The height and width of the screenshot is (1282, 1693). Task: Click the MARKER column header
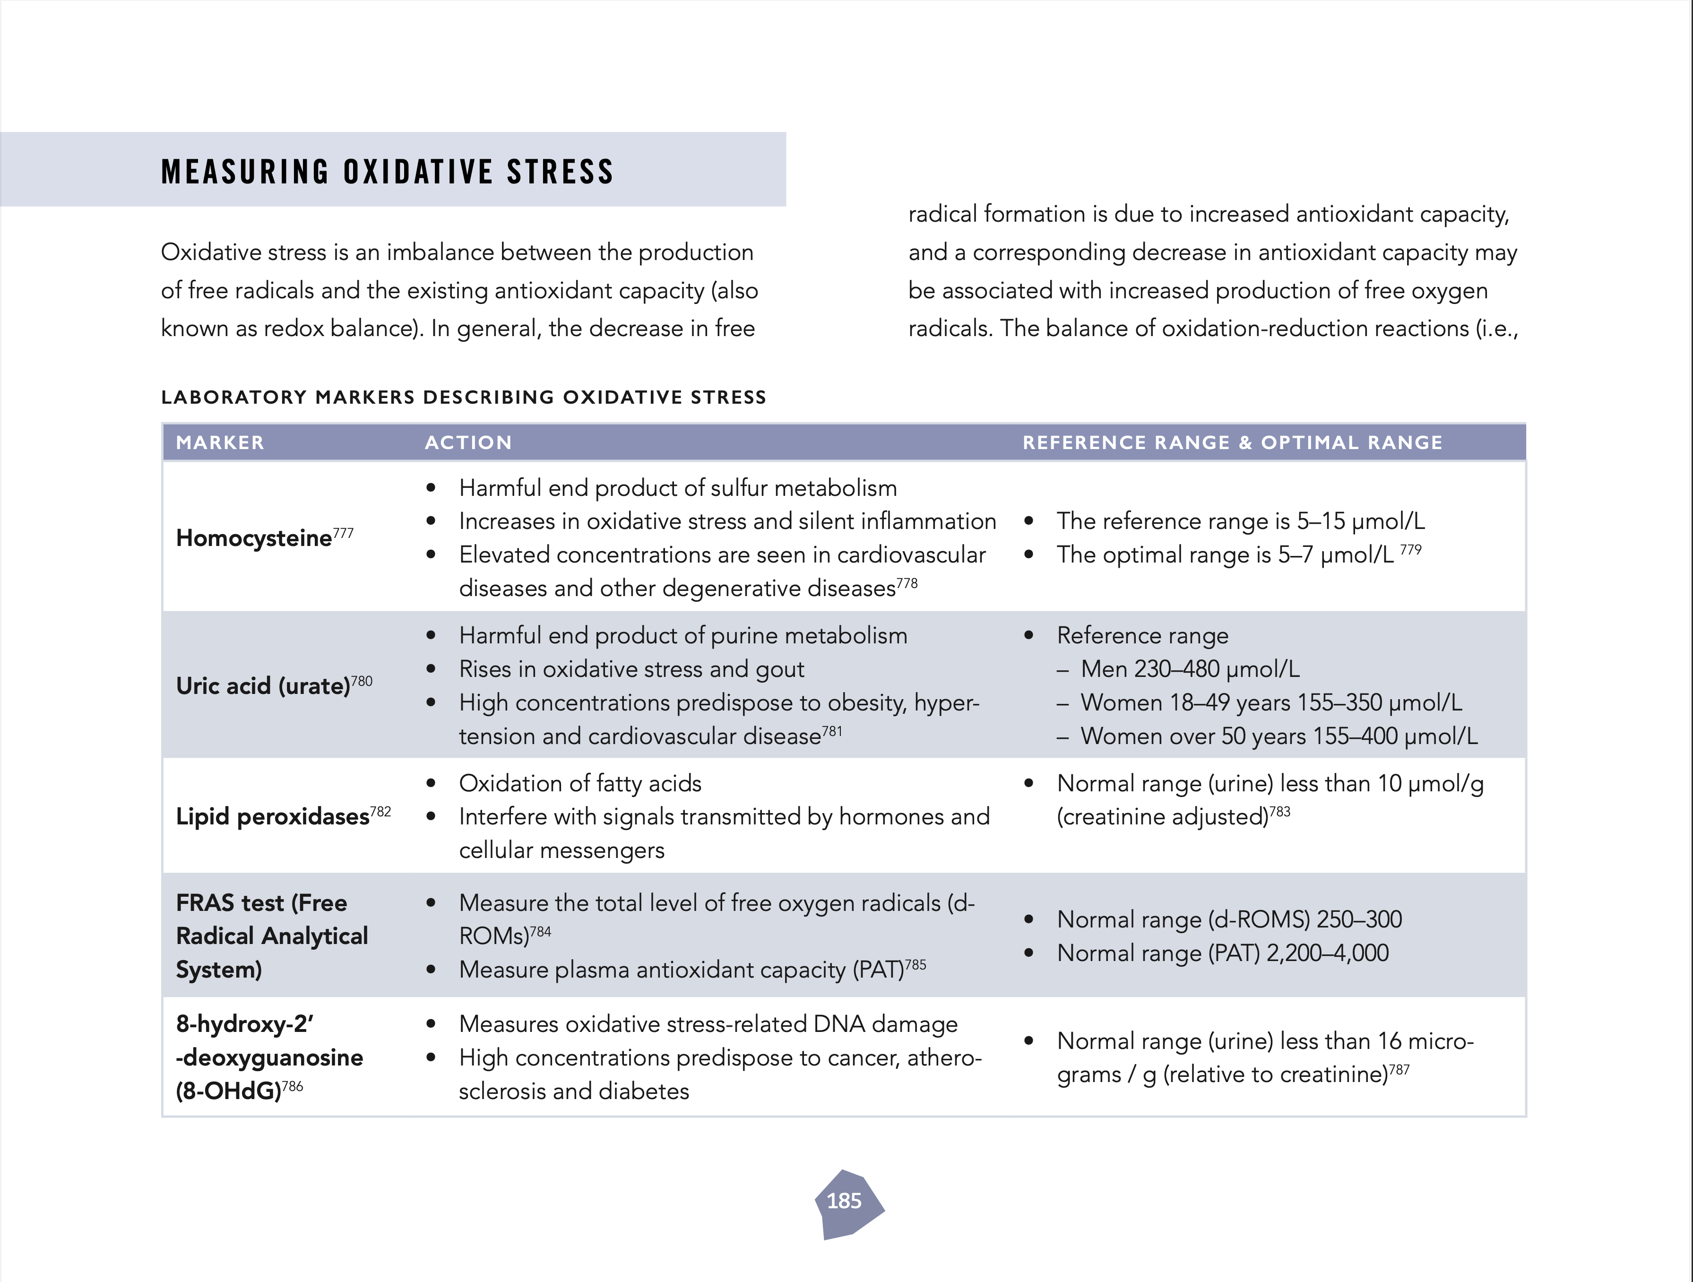[220, 442]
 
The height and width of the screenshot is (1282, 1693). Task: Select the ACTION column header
[468, 442]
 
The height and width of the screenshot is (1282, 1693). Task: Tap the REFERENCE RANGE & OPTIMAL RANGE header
[1232, 442]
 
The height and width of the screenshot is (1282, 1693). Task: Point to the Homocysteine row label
[254, 538]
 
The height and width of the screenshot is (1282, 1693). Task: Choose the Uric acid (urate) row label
[263, 686]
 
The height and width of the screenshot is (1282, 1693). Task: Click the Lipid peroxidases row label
[272, 817]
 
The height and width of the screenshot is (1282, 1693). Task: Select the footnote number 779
[1410, 550]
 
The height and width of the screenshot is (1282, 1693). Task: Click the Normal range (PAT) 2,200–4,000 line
[1222, 953]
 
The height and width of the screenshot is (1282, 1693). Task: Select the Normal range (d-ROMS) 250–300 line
[1229, 919]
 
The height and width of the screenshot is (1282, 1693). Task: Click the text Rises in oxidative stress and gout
[631, 669]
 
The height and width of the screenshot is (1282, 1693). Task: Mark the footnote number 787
[1399, 1069]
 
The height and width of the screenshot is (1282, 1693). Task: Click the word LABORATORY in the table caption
[233, 397]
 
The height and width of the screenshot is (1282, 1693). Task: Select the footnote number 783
[1280, 811]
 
